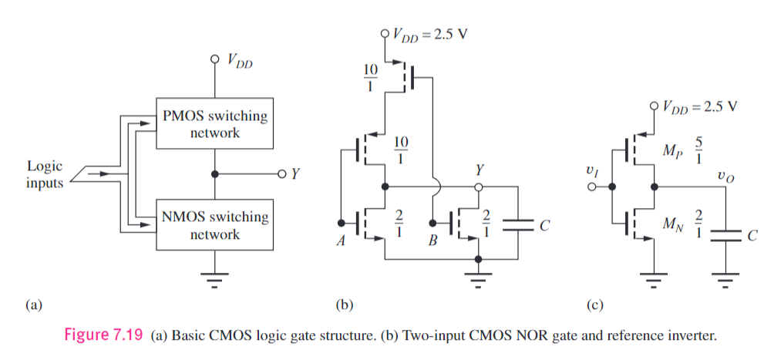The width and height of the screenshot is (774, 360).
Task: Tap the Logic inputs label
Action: (45, 173)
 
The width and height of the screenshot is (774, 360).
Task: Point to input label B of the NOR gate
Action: (432, 241)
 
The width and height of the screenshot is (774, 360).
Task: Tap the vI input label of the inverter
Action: (591, 174)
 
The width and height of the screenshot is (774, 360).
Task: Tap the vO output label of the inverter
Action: (722, 176)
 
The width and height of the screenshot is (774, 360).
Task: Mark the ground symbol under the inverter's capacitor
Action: (725, 280)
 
